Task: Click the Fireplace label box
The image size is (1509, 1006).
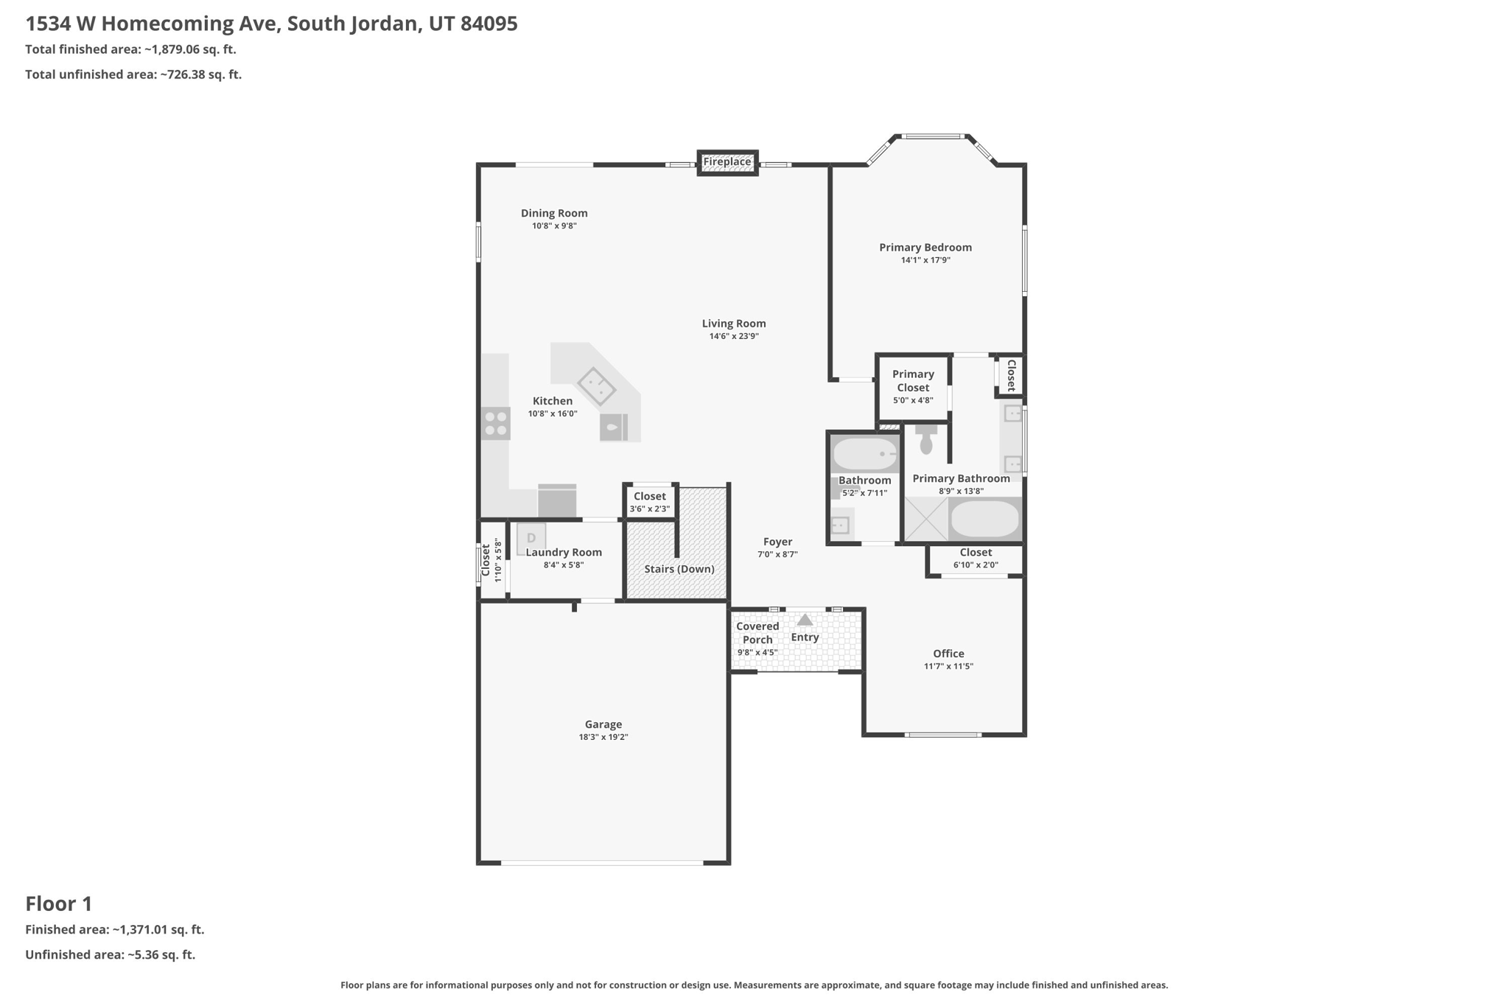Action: tap(727, 162)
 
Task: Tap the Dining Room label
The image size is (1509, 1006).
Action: tap(554, 214)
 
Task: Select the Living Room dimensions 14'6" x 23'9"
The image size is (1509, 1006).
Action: tap(734, 337)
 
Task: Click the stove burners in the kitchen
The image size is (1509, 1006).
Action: tap(496, 424)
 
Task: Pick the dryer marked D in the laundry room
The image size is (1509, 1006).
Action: tap(531, 538)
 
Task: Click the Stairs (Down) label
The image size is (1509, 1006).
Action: tap(679, 569)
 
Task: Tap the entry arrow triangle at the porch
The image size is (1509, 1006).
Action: tap(805, 620)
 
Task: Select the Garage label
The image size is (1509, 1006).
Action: tap(603, 724)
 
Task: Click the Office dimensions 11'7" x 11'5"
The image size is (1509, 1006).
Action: tap(948, 666)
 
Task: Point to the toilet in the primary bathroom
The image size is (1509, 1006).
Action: tap(926, 439)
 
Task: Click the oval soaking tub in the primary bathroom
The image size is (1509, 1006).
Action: tap(985, 520)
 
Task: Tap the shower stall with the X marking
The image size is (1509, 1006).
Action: tap(926, 520)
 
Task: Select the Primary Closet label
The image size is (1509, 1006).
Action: tap(913, 381)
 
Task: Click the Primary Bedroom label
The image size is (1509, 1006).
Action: tap(925, 248)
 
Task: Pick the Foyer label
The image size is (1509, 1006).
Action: tap(777, 542)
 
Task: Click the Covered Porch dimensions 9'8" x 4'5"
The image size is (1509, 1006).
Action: tap(757, 653)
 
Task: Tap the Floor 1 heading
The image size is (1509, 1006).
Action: tap(59, 904)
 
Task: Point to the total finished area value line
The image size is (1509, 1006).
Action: tap(130, 50)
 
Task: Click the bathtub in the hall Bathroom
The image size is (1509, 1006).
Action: tap(865, 454)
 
